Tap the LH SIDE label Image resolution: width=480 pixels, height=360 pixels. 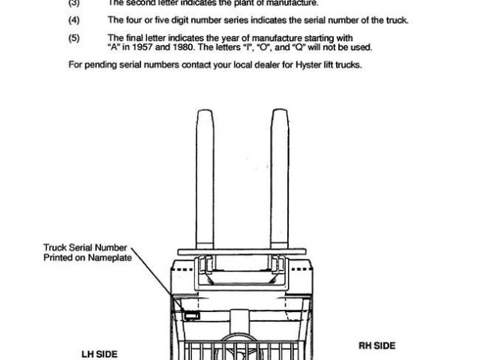pyautogui.click(x=100, y=351)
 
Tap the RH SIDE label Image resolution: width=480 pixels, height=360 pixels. pyautogui.click(x=376, y=345)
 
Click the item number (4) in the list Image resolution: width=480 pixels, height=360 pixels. pyautogui.click(x=73, y=20)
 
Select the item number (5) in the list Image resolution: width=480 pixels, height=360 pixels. pyautogui.click(x=73, y=37)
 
